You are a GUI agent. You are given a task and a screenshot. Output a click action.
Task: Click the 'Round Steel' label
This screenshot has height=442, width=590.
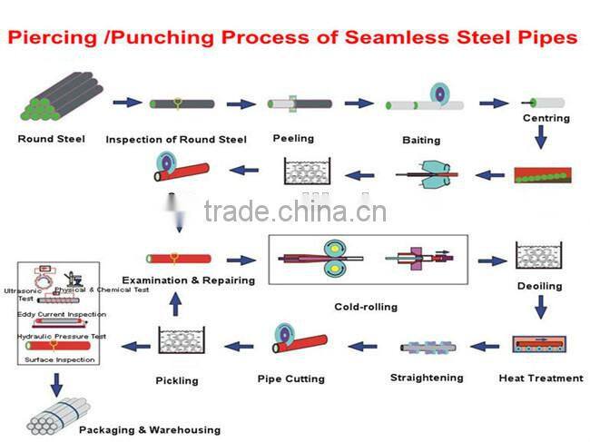51,139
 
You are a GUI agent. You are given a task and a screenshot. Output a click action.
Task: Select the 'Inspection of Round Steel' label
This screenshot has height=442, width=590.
175,140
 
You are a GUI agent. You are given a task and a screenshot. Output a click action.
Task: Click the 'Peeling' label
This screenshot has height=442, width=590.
293,138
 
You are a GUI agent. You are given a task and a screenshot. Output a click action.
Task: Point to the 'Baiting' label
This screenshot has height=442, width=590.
420,140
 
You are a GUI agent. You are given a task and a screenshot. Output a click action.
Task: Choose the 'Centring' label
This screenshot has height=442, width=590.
546,118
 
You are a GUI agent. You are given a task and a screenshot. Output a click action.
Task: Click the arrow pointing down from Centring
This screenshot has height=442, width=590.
540,137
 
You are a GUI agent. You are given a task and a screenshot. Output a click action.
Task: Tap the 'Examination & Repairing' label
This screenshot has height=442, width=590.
189,280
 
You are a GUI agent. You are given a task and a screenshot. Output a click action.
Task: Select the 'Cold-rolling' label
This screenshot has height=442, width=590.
366,307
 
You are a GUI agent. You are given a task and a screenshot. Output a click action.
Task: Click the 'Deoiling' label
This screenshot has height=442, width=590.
540,286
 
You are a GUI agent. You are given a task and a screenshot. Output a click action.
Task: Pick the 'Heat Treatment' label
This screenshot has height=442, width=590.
541,378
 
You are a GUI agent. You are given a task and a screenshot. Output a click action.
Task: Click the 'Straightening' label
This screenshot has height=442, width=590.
427,378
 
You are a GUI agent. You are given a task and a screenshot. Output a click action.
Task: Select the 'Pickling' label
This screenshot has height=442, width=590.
176,380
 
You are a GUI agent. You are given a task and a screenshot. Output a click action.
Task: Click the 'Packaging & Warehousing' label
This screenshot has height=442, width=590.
150,429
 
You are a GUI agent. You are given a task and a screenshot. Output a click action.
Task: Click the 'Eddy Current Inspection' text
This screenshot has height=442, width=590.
62,314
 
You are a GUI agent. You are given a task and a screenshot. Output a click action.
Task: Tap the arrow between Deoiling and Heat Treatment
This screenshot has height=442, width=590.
540,309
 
